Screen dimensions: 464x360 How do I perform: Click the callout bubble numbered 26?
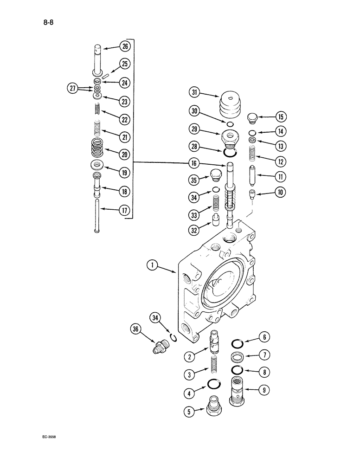tap(124, 46)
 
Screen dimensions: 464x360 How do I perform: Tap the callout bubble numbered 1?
tap(151, 266)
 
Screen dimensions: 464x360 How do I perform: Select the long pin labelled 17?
tap(96, 216)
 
